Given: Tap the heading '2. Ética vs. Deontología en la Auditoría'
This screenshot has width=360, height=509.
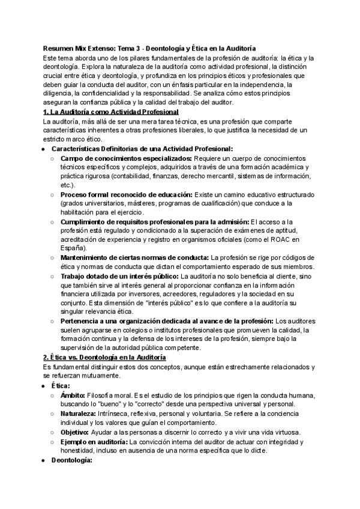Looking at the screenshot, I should pos(105,357).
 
